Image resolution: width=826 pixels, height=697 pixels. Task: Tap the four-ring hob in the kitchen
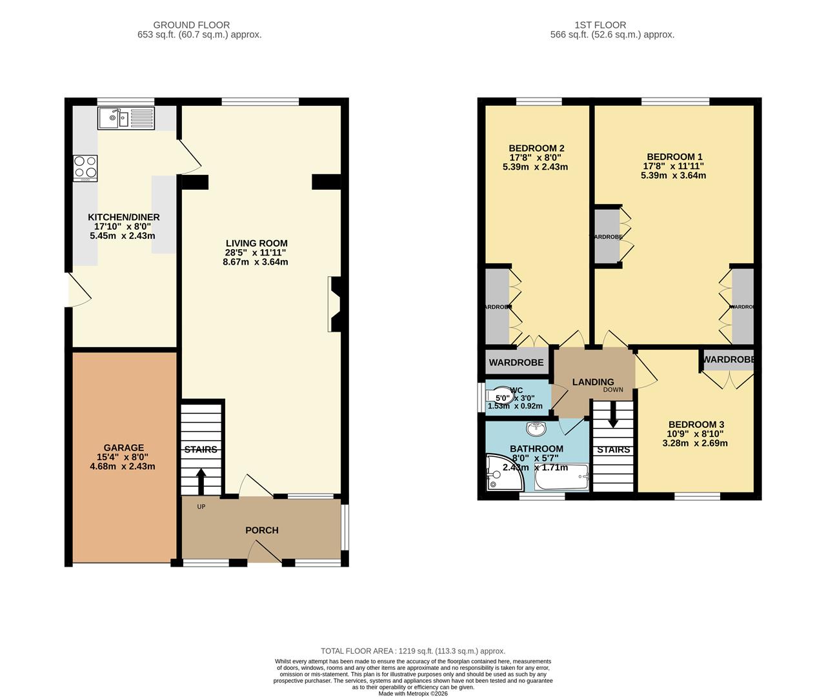[x=85, y=167]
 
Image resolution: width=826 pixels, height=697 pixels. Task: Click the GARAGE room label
[x=124, y=448]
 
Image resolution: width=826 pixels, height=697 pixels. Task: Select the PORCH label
[x=262, y=530]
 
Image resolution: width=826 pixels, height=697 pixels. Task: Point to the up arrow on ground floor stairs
[x=201, y=480]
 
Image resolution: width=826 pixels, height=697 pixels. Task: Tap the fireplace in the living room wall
[x=335, y=305]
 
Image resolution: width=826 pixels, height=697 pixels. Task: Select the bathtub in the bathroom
[x=561, y=478]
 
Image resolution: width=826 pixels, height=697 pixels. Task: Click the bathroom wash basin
[x=536, y=428]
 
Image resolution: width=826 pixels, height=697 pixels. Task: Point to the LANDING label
[x=592, y=382]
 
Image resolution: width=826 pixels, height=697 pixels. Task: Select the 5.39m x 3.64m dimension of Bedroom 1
[x=673, y=176]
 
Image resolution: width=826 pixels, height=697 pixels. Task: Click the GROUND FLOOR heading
[x=201, y=25]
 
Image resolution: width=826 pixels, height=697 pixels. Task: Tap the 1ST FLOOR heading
[x=601, y=25]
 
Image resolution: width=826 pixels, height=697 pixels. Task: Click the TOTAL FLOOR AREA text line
[x=413, y=651]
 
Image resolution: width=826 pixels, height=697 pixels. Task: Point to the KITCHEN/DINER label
[x=124, y=217]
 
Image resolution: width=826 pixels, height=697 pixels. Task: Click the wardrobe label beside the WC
[x=516, y=363]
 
